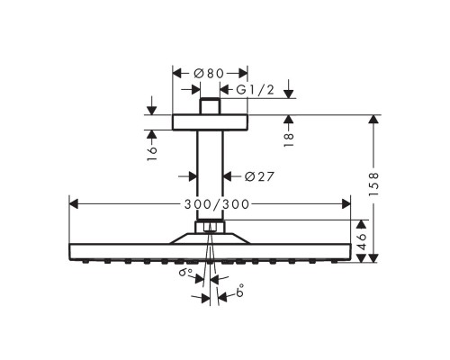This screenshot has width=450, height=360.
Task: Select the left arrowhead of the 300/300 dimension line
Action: [73, 204]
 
